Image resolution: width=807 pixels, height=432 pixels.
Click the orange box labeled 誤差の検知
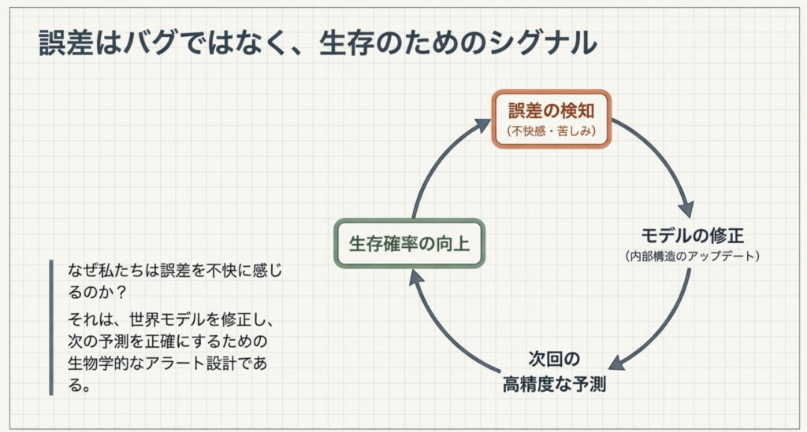[551, 118]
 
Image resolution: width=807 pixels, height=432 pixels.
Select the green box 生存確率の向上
[409, 243]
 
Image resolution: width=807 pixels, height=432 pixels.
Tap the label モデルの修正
[692, 236]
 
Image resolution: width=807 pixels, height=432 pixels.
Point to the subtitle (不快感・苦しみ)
[551, 131]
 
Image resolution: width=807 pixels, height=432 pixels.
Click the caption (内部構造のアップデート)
[692, 256]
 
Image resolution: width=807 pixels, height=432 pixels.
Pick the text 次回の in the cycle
[554, 360]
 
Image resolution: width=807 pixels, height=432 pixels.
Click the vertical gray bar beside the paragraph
[51, 327]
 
